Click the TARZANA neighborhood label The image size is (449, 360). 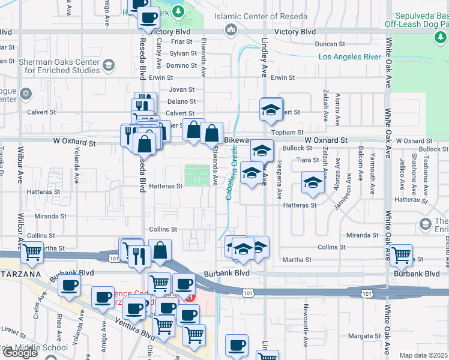pos(20,274)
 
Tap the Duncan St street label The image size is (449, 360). pos(330,44)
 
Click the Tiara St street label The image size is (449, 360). pos(306,160)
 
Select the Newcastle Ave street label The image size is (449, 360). pos(306,333)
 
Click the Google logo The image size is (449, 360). pos(20,353)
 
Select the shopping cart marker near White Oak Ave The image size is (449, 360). pos(400,254)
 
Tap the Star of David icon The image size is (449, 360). pos(25,94)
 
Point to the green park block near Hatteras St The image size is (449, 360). pos(193,176)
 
